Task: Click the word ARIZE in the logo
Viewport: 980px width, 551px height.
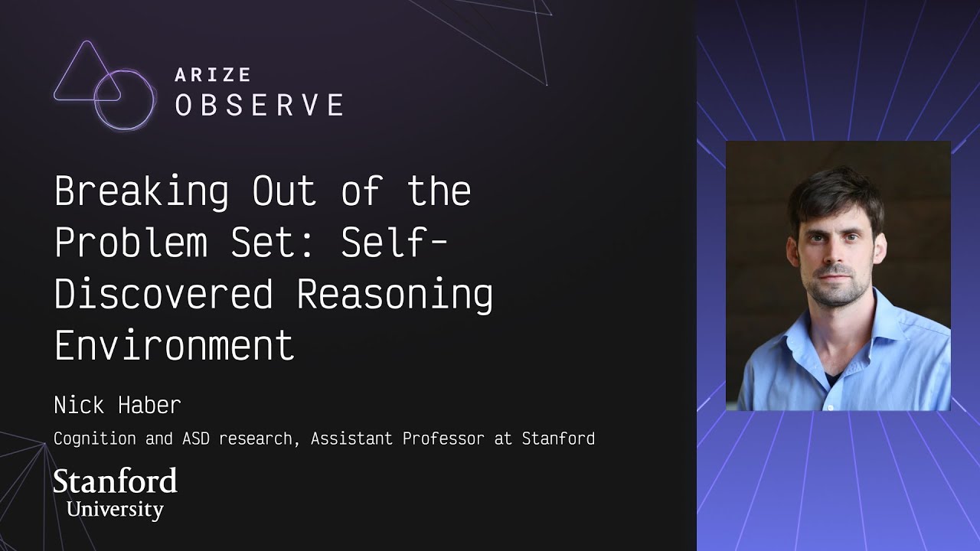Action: pyautogui.click(x=213, y=75)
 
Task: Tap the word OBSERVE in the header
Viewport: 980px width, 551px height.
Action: pyautogui.click(x=260, y=105)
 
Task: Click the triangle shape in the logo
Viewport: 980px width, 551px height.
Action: pyautogui.click(x=87, y=71)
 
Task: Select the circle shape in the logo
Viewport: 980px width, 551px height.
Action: pyautogui.click(x=125, y=100)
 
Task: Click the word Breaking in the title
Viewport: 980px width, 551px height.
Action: pyautogui.click(x=142, y=192)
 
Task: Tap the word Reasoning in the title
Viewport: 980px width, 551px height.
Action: pyautogui.click(x=395, y=295)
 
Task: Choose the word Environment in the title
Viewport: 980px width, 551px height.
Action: pyautogui.click(x=175, y=345)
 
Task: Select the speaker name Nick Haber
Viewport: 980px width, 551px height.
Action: pyautogui.click(x=117, y=406)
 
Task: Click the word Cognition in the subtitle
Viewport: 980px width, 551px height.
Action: pyautogui.click(x=95, y=439)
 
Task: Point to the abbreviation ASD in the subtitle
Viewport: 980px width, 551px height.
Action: pyautogui.click(x=196, y=439)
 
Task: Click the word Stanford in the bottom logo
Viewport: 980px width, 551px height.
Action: pyautogui.click(x=115, y=481)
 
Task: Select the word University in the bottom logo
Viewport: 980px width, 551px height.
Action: pyautogui.click(x=115, y=510)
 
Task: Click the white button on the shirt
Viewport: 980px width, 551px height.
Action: pyautogui.click(x=829, y=408)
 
